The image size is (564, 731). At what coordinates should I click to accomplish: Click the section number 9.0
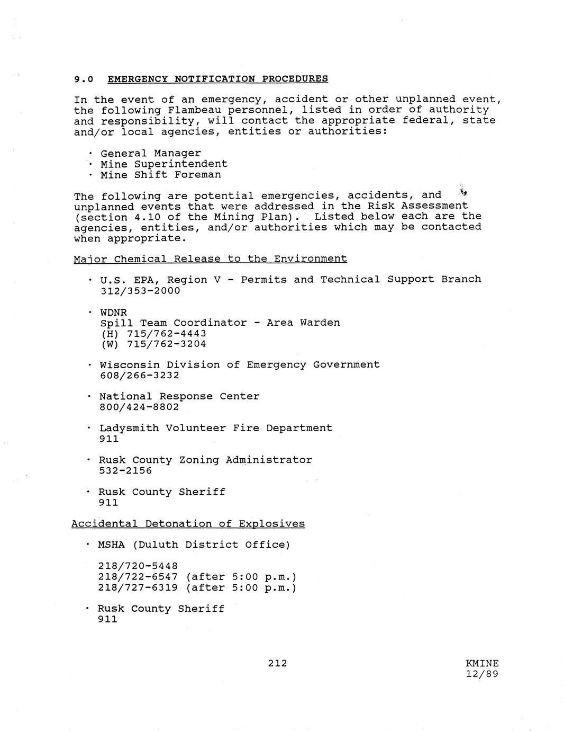pyautogui.click(x=84, y=79)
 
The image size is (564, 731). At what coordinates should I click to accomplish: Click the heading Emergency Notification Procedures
pyautogui.click(x=217, y=79)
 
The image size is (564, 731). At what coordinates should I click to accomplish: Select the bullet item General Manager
pyautogui.click(x=150, y=153)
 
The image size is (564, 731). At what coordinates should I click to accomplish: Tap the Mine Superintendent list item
pyautogui.click(x=163, y=164)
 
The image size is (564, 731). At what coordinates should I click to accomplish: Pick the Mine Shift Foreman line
pyautogui.click(x=160, y=175)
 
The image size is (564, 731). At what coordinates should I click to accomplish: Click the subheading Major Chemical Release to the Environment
pyautogui.click(x=211, y=259)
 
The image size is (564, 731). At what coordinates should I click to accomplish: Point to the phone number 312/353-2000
pyautogui.click(x=140, y=291)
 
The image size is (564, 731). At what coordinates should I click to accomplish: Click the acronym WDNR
pyautogui.click(x=113, y=313)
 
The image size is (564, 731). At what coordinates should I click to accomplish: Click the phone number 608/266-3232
pyautogui.click(x=139, y=376)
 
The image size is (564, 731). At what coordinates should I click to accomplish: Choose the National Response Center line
pyautogui.click(x=179, y=396)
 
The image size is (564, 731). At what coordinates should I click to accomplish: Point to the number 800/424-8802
pyautogui.click(x=139, y=407)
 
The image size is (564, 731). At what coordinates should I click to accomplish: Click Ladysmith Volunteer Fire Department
pyautogui.click(x=215, y=428)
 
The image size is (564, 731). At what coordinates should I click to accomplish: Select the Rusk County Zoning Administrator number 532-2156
pyautogui.click(x=125, y=471)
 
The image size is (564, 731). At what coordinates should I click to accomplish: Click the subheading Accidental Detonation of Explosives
pyautogui.click(x=188, y=524)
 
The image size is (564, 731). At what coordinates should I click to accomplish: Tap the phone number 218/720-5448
pyautogui.click(x=138, y=566)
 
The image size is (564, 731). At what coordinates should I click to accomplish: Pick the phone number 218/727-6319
pyautogui.click(x=138, y=588)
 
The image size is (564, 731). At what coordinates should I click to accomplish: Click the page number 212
pyautogui.click(x=277, y=663)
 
